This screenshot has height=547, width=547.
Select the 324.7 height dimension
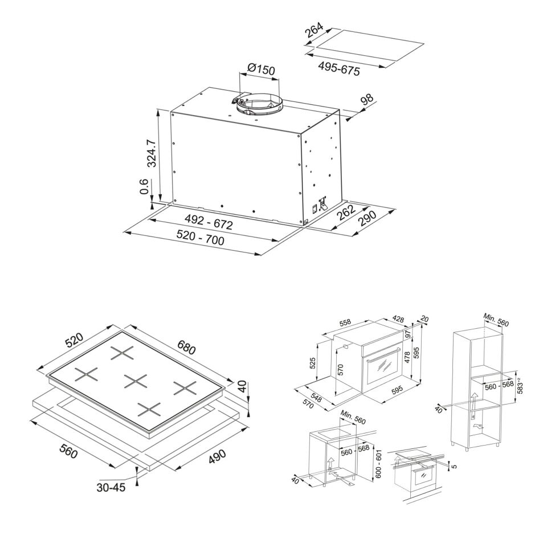pyautogui.click(x=152, y=153)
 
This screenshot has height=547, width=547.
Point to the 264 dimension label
pyautogui.click(x=315, y=30)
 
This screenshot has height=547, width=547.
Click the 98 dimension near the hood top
pyautogui.click(x=367, y=99)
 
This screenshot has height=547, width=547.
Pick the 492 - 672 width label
pyautogui.click(x=209, y=222)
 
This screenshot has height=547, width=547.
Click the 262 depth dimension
pyautogui.click(x=346, y=213)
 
